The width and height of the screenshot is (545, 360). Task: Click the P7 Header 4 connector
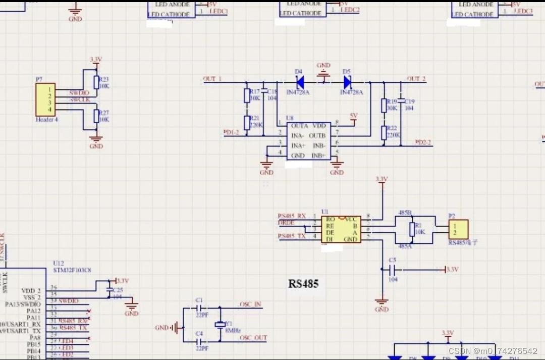(x=45, y=99)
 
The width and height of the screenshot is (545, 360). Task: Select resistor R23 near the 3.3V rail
(x=96, y=82)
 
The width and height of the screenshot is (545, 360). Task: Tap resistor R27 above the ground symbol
(x=96, y=116)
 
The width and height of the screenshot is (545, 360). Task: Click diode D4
(x=300, y=81)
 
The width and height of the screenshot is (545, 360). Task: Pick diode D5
(x=347, y=81)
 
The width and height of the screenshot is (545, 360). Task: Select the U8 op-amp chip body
(x=308, y=141)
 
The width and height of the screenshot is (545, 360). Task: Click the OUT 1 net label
(x=212, y=79)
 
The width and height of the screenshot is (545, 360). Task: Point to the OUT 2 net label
(x=416, y=79)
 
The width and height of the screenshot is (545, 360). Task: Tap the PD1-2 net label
(x=231, y=132)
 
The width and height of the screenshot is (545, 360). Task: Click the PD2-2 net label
(x=423, y=142)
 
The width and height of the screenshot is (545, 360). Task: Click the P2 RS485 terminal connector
(x=458, y=229)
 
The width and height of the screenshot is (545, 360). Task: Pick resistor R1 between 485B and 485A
(x=412, y=229)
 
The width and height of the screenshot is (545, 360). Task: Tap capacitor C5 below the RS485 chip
(x=393, y=270)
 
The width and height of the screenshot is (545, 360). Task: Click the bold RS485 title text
(x=303, y=284)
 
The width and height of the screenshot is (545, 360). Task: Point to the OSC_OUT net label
(x=253, y=338)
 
